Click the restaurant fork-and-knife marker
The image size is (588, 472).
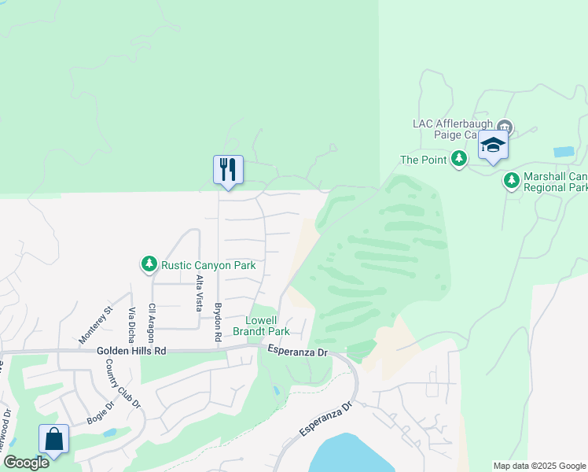click(228, 170)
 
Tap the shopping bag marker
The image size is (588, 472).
click(53, 439)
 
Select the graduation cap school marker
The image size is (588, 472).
click(493, 146)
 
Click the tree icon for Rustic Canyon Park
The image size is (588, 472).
click(149, 264)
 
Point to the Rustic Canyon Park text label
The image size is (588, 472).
click(208, 265)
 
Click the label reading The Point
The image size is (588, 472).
click(424, 160)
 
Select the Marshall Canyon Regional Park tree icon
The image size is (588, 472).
click(512, 181)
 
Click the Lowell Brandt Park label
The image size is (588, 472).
click(261, 326)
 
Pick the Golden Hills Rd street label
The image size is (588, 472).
click(132, 352)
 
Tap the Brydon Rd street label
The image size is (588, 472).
click(219, 321)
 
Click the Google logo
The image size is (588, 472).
click(25, 463)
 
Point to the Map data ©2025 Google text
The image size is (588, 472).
click(539, 466)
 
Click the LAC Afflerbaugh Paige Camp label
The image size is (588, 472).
click(453, 129)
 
